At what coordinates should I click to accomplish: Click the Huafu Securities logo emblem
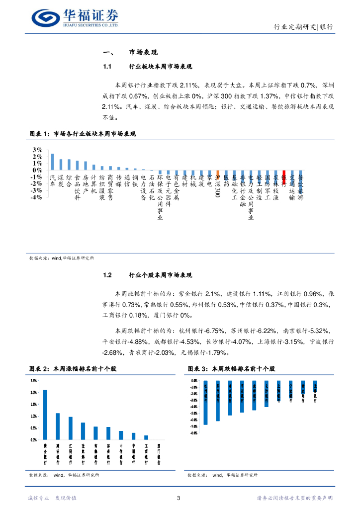coord(45,18)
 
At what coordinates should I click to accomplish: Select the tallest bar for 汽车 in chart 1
coord(53,162)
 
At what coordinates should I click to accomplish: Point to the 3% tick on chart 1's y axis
coord(37,150)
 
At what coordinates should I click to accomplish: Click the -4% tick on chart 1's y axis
coord(36,197)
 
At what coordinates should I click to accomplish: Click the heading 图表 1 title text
coord(83,134)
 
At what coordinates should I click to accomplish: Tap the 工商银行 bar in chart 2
coord(146,437)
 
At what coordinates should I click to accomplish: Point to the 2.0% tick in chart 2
coord(34,392)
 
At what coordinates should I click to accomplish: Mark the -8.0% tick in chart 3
coord(194,433)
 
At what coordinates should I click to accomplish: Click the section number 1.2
coord(109,275)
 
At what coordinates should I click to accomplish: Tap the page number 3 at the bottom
coord(179,498)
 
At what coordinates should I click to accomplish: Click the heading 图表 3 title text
coord(231,369)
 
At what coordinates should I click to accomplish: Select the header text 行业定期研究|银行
coord(304,27)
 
